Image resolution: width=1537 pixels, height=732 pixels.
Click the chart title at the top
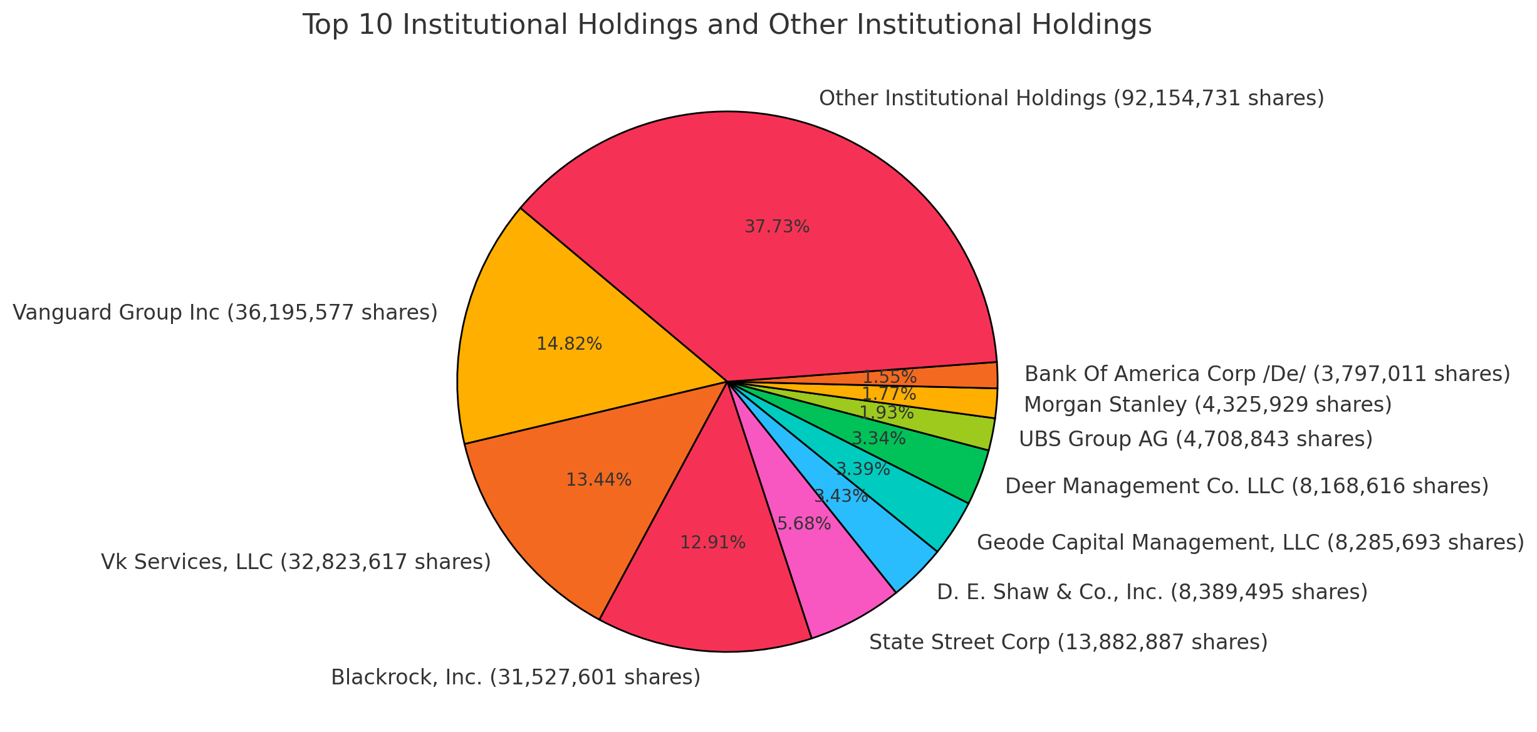click(727, 26)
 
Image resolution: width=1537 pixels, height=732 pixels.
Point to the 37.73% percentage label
click(777, 227)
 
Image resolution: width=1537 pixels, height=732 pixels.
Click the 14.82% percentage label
click(569, 344)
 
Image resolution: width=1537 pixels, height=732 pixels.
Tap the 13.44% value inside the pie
click(598, 480)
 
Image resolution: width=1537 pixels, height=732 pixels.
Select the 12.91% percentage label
click(712, 543)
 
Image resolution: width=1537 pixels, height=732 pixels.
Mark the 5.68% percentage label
click(804, 524)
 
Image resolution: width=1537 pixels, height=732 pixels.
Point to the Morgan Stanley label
click(1207, 405)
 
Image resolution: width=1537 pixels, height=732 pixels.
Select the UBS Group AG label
click(1196, 439)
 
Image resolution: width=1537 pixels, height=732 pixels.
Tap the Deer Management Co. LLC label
click(1246, 486)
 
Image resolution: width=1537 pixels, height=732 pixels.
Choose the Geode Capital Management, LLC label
click(1250, 542)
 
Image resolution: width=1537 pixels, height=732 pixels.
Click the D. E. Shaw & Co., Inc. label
click(1152, 592)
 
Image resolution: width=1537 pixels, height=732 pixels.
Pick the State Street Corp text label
click(1068, 642)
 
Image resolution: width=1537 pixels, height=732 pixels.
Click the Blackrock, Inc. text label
click(515, 677)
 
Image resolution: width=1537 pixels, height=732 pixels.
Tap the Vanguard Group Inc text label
click(225, 312)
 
